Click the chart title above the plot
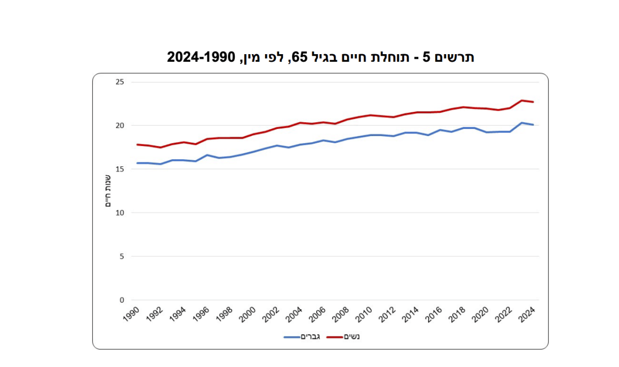click(320, 57)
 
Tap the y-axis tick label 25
click(120, 82)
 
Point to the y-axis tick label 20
click(120, 125)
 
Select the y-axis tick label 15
click(120, 169)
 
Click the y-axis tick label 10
click(120, 213)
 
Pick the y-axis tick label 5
click(122, 256)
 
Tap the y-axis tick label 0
click(122, 300)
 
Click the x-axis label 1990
click(131, 314)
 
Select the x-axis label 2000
click(248, 315)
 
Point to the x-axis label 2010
click(364, 315)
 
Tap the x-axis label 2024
click(527, 315)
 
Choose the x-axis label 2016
click(434, 315)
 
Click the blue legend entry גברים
click(302, 337)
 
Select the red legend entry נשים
click(343, 337)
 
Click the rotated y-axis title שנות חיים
click(108, 191)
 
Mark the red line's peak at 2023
click(522, 101)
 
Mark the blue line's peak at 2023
click(522, 123)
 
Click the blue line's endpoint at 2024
click(533, 125)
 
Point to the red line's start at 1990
click(137, 145)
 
